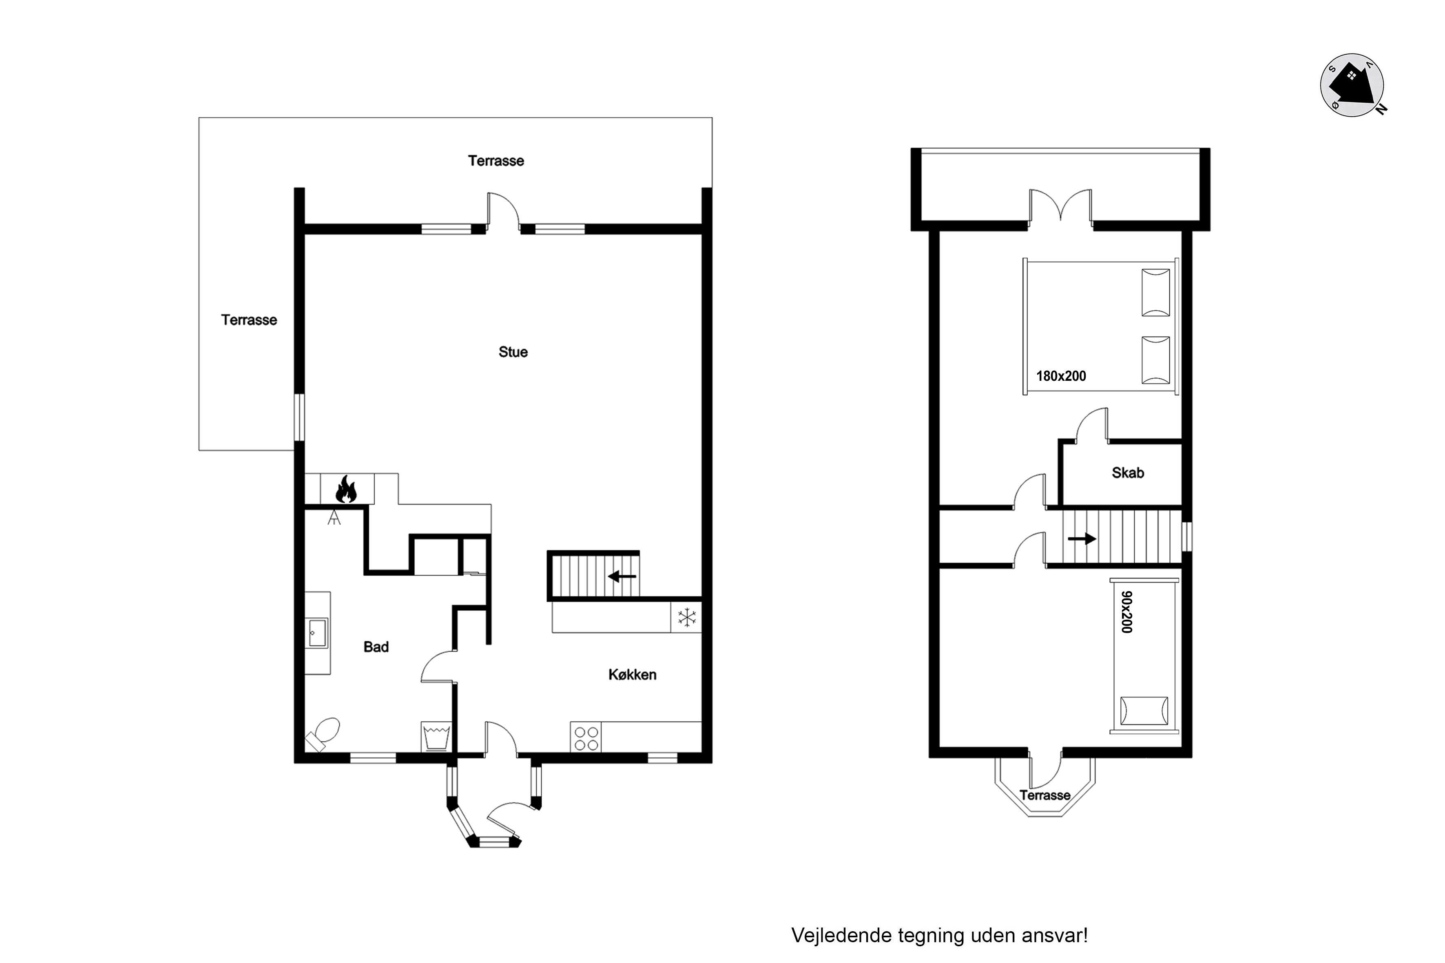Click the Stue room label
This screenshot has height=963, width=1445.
tap(513, 352)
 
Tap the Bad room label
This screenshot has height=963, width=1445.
tap(376, 647)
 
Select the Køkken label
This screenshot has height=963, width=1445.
tap(632, 674)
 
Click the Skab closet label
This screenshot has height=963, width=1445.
tap(1128, 473)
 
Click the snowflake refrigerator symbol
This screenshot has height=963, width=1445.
tap(687, 617)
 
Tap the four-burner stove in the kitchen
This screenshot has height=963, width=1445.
tap(586, 738)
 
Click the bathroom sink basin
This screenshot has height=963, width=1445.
tap(317, 633)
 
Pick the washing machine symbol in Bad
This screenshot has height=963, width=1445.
tap(436, 736)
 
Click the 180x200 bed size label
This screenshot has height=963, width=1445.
tap(1061, 376)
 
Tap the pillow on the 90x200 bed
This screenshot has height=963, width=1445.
tap(1144, 711)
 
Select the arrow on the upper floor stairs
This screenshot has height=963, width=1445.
tap(1082, 539)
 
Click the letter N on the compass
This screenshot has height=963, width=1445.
tap(1381, 109)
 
